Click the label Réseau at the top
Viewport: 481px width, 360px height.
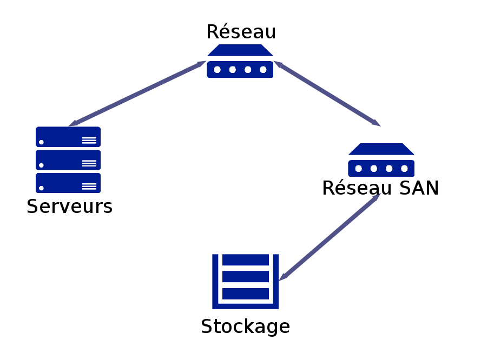coord(241,32)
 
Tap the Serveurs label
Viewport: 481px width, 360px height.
coord(69,206)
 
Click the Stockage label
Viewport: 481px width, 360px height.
coord(245,326)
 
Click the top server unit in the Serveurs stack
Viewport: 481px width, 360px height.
coord(68,137)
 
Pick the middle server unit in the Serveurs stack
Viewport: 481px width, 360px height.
coord(68,160)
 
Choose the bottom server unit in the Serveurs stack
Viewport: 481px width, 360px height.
coord(68,183)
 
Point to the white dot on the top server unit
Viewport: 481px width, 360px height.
coord(42,142)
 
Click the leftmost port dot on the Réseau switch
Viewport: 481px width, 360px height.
coord(218,70)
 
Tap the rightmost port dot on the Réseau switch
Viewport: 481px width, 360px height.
coord(263,70)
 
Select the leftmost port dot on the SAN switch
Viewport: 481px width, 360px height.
coord(359,169)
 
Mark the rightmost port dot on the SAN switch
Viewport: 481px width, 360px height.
coord(404,169)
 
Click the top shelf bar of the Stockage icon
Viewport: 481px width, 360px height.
coord(246,260)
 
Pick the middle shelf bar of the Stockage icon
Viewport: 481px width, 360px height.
coord(246,277)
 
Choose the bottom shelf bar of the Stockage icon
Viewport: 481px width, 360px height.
coord(246,294)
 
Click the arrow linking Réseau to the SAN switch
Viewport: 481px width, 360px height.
coord(327,94)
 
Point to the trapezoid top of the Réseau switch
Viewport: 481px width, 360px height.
coord(240,50)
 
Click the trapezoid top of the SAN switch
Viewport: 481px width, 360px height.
coord(381,149)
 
